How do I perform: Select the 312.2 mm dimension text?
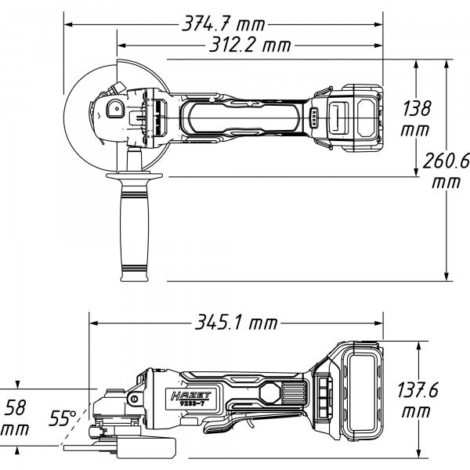click(250, 45)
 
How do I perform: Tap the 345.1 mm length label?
click(236, 322)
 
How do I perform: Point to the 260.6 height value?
click(446, 161)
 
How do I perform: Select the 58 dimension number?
click(17, 407)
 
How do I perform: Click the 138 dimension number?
click(415, 107)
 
